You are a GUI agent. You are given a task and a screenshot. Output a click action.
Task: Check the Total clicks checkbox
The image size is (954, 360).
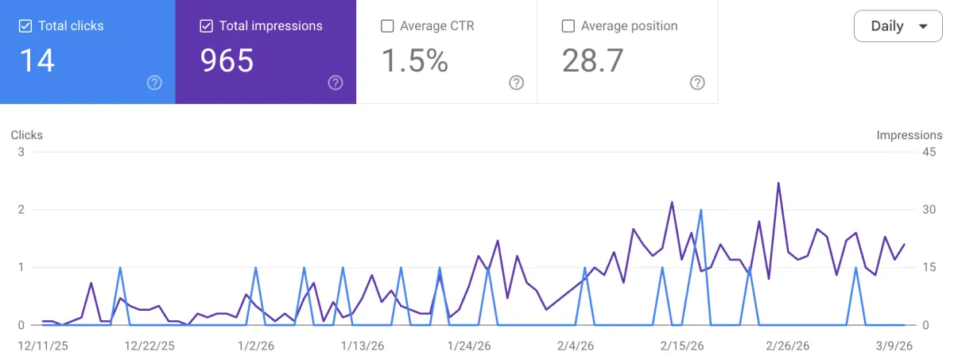pos(25,26)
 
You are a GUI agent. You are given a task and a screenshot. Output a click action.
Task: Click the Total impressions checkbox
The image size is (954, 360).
pos(206,26)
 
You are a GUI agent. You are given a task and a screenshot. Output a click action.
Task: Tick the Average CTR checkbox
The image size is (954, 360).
pos(387,26)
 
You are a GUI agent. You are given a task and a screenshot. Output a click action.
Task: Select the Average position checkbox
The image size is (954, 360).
pos(568,26)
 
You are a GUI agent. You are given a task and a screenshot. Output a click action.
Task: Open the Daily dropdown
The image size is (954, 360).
pos(898,26)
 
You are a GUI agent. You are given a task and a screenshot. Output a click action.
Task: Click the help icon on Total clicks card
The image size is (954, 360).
pos(155,83)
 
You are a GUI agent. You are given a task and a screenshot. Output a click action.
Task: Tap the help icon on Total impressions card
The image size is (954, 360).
pos(335,83)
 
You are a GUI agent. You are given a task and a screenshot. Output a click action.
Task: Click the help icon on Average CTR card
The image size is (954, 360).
pos(517,83)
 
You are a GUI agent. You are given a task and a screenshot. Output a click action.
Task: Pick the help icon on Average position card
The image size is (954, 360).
pos(697,83)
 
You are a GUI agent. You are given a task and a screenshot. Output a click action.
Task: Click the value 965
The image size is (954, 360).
pos(227,60)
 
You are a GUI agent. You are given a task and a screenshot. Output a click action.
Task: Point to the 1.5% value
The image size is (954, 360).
pos(415,60)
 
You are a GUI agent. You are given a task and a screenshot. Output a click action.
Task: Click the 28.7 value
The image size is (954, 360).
pos(592,60)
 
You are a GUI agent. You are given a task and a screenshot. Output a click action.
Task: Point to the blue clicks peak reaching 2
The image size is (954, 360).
pos(700,211)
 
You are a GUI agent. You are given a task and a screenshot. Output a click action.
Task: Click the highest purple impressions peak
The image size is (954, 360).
pos(778,183)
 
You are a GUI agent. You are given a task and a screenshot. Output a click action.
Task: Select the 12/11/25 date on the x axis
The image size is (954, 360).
pos(43,346)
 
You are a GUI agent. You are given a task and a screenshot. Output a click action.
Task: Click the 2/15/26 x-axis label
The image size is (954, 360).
pos(682,346)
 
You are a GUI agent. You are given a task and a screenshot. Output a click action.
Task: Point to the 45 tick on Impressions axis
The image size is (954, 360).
pos(929,153)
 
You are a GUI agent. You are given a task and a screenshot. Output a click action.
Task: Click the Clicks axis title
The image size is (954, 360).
pos(27,135)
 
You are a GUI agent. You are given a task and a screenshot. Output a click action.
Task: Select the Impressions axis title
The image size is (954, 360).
pos(909,135)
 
